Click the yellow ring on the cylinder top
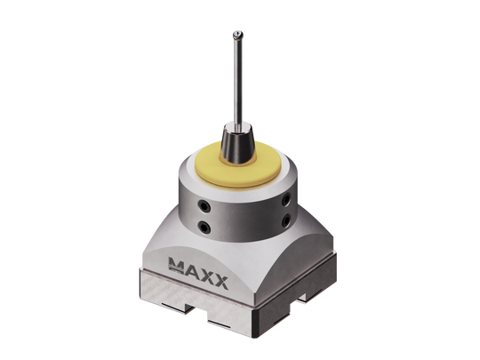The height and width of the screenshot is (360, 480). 213,170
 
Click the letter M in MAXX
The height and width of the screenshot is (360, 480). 176,263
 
